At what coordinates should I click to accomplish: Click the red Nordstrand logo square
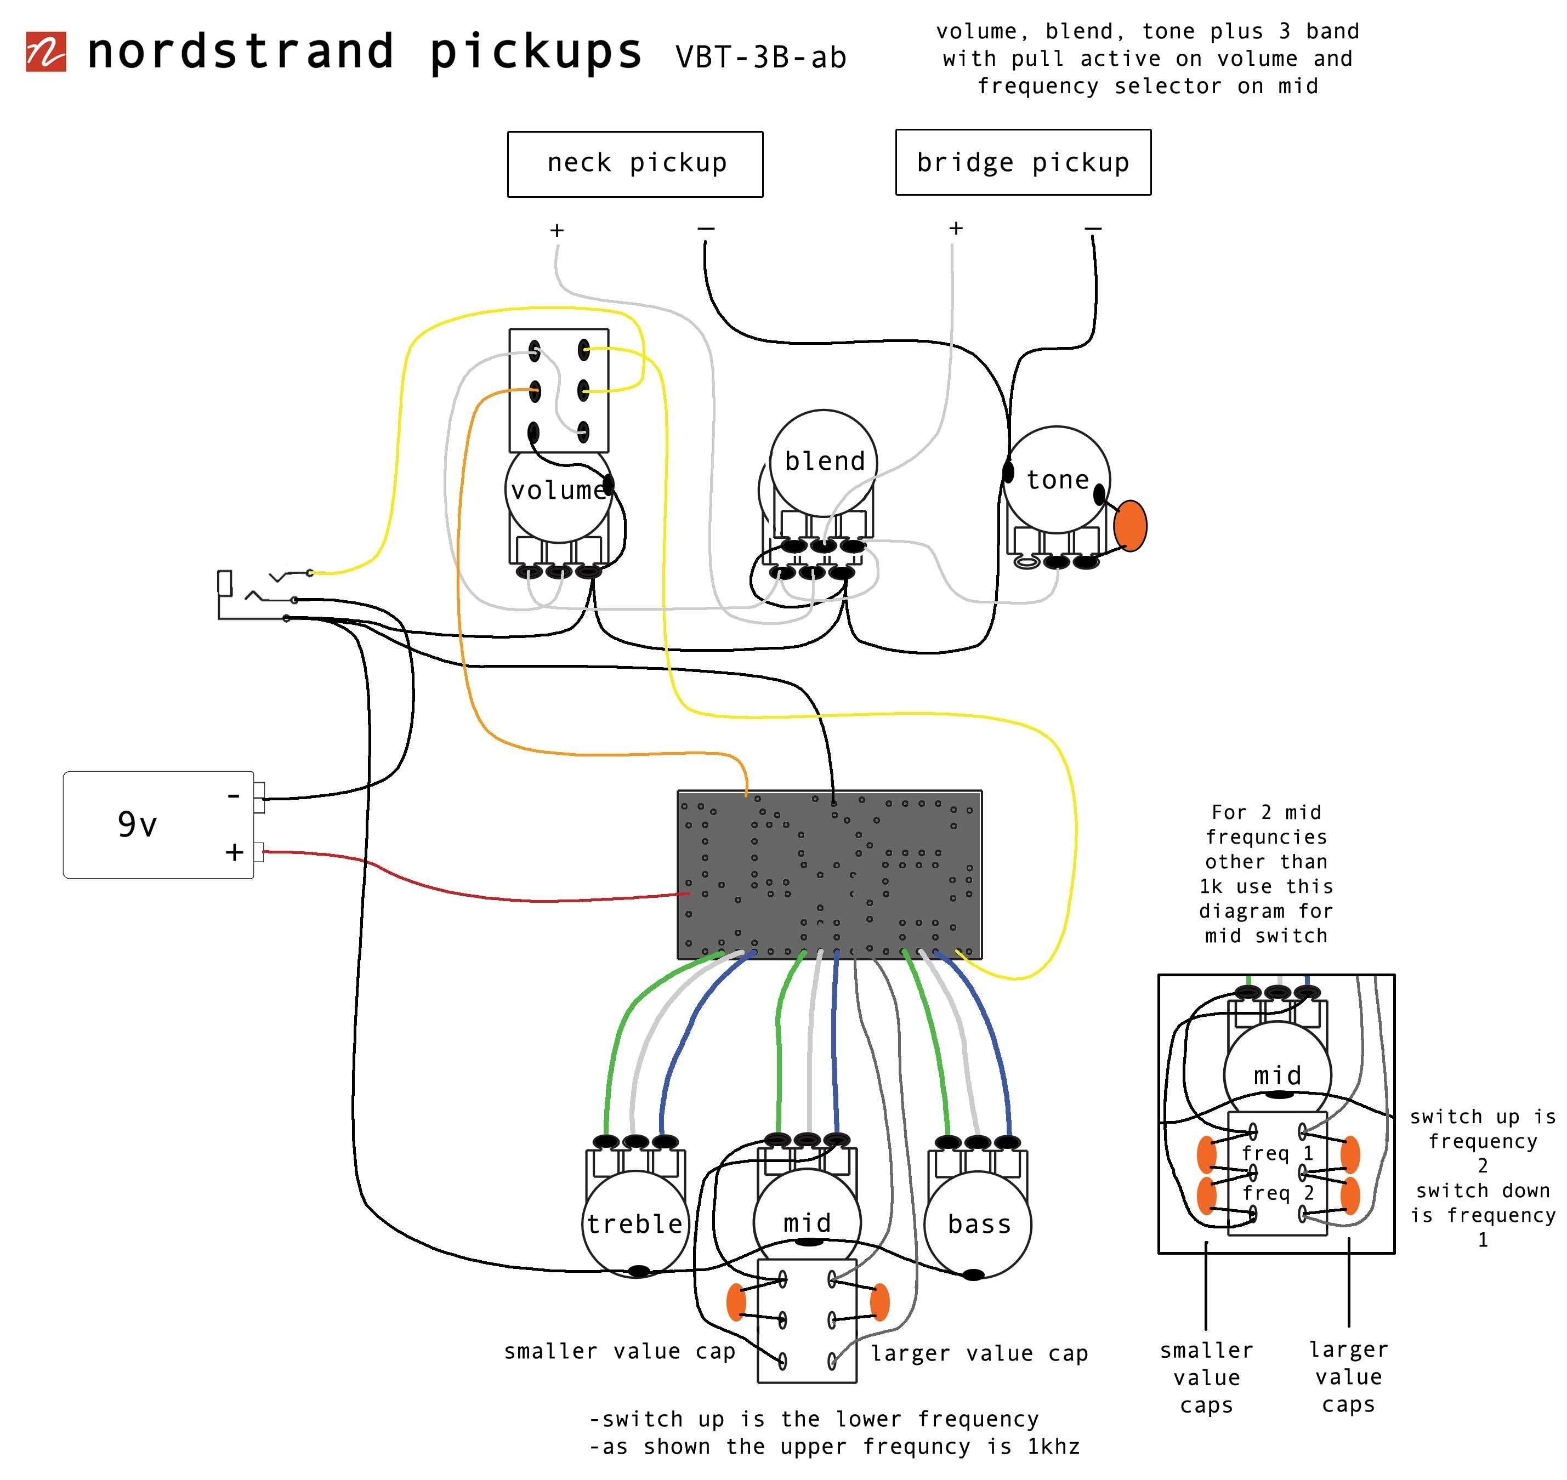click(46, 52)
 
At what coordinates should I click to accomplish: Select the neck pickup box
click(635, 164)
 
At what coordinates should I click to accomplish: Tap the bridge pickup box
click(1023, 162)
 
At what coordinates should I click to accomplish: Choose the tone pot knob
click(1057, 480)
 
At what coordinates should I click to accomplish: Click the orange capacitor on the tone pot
click(1130, 526)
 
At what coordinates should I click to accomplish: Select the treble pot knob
click(635, 1223)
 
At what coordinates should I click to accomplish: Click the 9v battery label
click(137, 824)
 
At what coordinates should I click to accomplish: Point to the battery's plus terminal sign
click(234, 852)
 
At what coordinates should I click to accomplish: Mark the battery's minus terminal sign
click(234, 796)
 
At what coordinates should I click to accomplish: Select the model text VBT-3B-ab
click(760, 57)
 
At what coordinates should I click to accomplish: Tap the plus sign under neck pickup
click(557, 230)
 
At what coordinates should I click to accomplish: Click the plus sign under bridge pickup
click(956, 228)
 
